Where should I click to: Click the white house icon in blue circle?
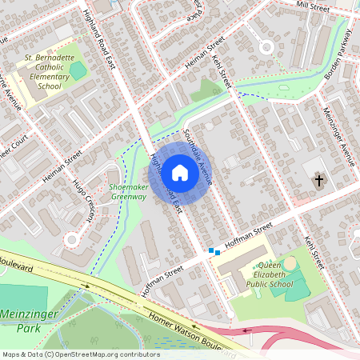[180, 171]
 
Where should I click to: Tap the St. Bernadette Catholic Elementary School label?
[50, 72]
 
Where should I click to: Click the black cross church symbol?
[319, 181]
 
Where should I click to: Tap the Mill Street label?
[313, 6]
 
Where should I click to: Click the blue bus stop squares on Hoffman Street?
[214, 251]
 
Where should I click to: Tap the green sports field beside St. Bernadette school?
[78, 70]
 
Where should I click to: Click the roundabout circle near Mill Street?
[265, 47]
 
